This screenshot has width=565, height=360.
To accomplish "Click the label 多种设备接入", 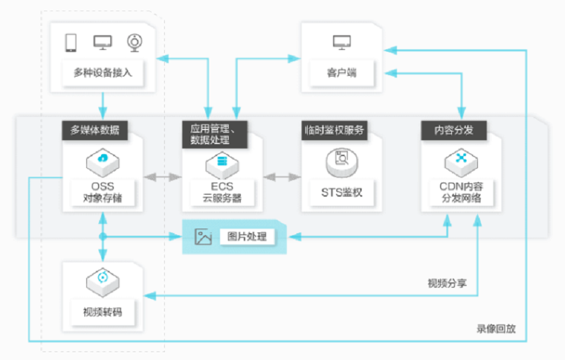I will pos(103,72).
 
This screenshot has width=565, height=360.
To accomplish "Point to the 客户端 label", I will pos(342,72).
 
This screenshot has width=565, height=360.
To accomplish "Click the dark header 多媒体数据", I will pos(95,130).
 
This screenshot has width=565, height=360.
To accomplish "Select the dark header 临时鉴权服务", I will pos(334,130).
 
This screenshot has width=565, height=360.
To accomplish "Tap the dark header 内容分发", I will pos(454,130).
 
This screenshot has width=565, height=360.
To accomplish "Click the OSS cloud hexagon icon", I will pos(103,160).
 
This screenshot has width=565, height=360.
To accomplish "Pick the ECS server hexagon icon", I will pos(222,160).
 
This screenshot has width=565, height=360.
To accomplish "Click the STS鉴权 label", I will pos(342,193).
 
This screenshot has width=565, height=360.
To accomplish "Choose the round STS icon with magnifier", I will pos(342,160).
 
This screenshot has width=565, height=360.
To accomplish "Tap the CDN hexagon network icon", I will pos(461,160).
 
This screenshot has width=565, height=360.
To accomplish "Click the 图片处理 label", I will pos(247,236).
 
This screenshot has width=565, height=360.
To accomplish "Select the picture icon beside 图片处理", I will pos(203,237).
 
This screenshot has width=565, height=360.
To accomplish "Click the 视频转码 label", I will pos(102,312).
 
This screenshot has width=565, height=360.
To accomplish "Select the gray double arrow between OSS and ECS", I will pos(163,177).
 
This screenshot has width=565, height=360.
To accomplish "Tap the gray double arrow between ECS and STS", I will pos(281,177).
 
